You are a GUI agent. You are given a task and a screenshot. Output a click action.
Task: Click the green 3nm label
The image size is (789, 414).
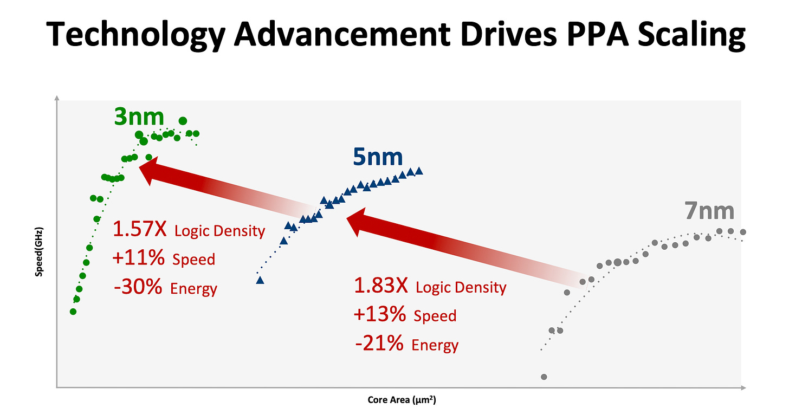tap(139, 117)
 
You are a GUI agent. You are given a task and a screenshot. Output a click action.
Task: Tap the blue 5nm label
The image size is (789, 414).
tap(378, 157)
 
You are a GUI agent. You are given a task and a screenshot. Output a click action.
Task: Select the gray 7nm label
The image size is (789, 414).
tap(709, 211)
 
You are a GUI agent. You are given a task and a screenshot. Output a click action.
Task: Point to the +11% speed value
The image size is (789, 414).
tap(138, 258)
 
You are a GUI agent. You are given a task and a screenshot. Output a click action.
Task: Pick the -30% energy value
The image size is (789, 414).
tap(138, 287)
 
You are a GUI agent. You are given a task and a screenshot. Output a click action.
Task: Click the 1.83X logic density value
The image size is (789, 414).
tap(380, 286)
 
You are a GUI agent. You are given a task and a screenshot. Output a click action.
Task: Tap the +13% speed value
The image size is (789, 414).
tap(379, 315)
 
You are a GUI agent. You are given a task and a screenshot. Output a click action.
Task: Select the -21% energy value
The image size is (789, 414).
tap(379, 344)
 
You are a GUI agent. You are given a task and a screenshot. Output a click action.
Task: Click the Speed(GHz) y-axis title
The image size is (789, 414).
tap(39, 252)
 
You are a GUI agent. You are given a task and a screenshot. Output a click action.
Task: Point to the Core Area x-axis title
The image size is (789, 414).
tap(402, 400)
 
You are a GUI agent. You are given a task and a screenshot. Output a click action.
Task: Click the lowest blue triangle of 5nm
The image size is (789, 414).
tap(260, 280)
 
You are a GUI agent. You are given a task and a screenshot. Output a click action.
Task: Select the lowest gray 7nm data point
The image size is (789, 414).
tap(544, 377)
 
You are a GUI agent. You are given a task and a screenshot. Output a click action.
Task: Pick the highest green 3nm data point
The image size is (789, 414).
tap(183, 121)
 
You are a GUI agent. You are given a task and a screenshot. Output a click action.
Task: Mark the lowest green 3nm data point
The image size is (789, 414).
tap(73, 312)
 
